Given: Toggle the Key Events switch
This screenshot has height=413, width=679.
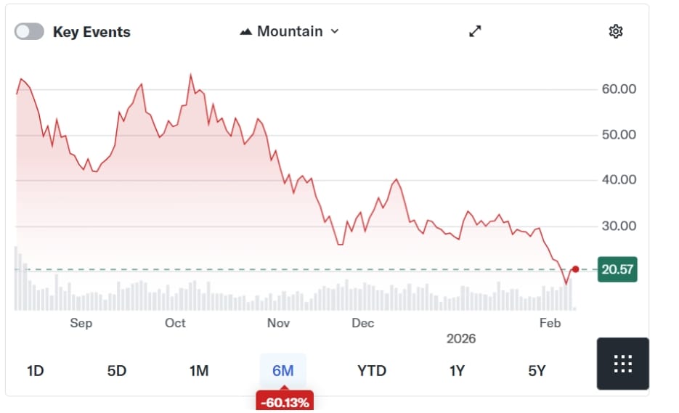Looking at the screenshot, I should coord(29,32).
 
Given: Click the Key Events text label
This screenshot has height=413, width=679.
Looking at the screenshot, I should coord(92,32).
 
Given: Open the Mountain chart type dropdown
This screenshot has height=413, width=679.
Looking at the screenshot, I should coord(289,31).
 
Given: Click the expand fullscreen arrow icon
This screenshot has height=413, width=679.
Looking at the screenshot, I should coord(475,31).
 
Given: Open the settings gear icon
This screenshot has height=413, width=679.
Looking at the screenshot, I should coord(616,31).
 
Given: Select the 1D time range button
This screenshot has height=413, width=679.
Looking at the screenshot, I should coord(35,371).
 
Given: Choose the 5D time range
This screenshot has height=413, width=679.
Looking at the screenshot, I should coord(117,371).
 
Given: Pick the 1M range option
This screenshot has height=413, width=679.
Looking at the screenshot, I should coord(199,371).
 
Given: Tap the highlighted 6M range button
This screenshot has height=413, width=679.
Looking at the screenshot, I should coord(282,371).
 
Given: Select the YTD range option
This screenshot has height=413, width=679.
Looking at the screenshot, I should coord(372,371).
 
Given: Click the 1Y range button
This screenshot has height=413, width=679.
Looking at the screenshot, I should coord(457,371).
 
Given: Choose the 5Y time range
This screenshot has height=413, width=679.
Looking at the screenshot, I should coord(537,371).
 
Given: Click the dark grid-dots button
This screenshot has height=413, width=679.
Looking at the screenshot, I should coord(622,364).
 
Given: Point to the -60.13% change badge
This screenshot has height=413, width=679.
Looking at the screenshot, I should coord(284,401).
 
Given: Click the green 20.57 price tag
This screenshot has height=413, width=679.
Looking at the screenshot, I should coord(617,270).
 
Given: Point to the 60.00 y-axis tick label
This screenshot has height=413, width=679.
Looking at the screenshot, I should coord(619,89).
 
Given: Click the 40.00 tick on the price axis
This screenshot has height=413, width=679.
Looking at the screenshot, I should coord(619,180).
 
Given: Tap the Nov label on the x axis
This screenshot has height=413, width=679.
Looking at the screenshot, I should coord(278,323).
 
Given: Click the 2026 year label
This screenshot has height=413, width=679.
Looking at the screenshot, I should coord(460,339).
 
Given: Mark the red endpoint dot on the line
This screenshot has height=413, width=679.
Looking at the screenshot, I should coord(575,269).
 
